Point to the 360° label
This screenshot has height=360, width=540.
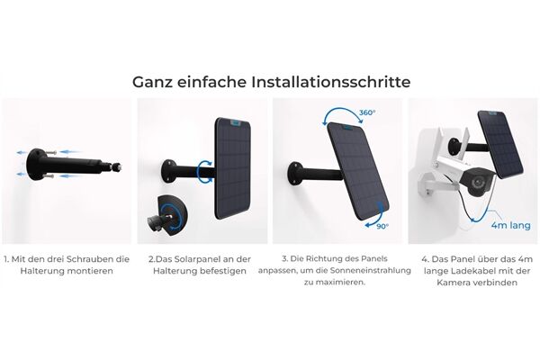point(366,115)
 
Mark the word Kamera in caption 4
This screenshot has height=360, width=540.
point(449,283)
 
